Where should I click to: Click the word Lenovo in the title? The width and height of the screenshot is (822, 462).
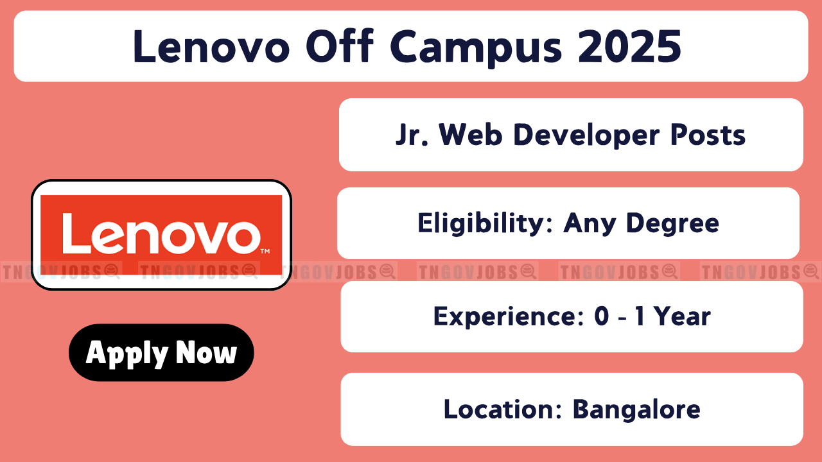(212, 47)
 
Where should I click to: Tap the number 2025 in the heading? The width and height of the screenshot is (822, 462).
(629, 47)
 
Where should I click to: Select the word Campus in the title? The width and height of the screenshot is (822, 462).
(476, 48)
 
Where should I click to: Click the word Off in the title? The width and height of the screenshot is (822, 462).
(340, 46)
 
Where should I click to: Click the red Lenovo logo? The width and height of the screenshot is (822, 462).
(161, 235)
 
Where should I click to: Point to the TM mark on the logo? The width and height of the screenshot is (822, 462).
(265, 251)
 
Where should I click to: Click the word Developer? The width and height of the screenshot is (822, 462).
(586, 135)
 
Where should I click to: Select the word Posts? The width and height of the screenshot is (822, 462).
(708, 135)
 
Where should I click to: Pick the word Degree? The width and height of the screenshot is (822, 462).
(672, 223)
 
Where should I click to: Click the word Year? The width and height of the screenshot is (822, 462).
(682, 316)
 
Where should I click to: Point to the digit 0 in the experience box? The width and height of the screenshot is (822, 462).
(602, 316)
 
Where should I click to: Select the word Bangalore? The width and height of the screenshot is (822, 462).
(636, 410)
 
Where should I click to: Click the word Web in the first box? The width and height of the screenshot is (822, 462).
(471, 135)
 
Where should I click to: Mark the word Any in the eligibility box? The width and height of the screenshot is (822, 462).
(590, 224)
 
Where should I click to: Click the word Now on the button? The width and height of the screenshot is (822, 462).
(206, 352)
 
